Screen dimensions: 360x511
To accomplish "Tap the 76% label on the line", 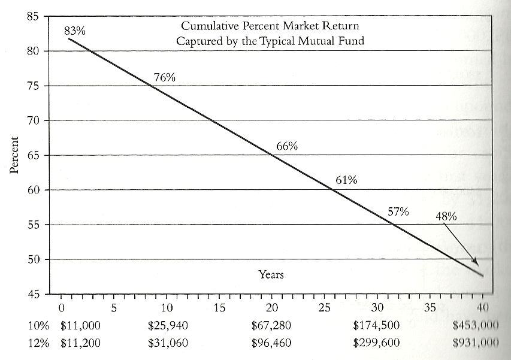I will (x=164, y=77).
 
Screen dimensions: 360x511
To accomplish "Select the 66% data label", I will (x=287, y=146).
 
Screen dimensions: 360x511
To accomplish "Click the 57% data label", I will (x=398, y=211).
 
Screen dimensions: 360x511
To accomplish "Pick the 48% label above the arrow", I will (x=446, y=216).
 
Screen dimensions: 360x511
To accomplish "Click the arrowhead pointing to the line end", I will (x=476, y=263).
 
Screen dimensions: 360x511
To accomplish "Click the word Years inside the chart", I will (x=271, y=275).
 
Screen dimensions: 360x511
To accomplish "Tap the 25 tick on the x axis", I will (x=325, y=308).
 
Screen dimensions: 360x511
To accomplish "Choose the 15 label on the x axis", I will (x=219, y=308).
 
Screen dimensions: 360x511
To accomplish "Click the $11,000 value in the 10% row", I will (x=81, y=326).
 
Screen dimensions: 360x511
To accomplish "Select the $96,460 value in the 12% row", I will (x=273, y=343).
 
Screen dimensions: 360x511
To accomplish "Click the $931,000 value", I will (x=478, y=343).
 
